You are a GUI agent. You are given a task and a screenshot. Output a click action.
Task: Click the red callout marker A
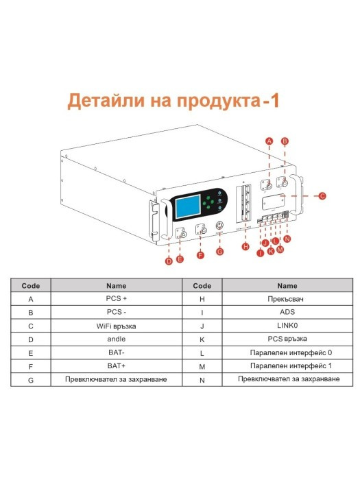point(269,141)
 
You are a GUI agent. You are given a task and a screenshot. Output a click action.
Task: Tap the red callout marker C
point(322,195)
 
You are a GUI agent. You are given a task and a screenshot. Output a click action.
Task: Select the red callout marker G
point(220,252)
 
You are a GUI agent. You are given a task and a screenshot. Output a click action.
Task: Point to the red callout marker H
point(245,246)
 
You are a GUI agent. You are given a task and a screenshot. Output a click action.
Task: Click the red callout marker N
point(287,239)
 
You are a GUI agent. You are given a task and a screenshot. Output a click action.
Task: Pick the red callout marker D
point(169,261)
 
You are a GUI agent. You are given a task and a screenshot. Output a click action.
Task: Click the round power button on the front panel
point(219,226)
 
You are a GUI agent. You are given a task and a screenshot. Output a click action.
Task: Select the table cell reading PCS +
point(117,299)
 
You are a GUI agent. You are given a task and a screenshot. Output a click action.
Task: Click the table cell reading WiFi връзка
point(117,326)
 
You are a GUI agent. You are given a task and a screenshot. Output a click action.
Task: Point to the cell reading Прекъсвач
point(287,299)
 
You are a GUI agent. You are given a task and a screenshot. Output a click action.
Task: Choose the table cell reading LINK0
point(287,326)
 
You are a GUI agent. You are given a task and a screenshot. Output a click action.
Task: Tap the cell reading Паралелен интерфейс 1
point(287,366)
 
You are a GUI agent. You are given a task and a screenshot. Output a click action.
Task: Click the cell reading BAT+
point(117,366)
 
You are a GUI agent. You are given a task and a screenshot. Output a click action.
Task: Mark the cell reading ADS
point(287,312)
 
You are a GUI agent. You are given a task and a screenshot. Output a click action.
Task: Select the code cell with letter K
point(202,339)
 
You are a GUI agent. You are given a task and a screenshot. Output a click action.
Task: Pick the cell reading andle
point(117,339)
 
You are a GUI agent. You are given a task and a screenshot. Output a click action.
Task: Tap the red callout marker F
point(200,255)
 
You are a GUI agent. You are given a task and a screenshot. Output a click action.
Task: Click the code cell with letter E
point(31,353)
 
